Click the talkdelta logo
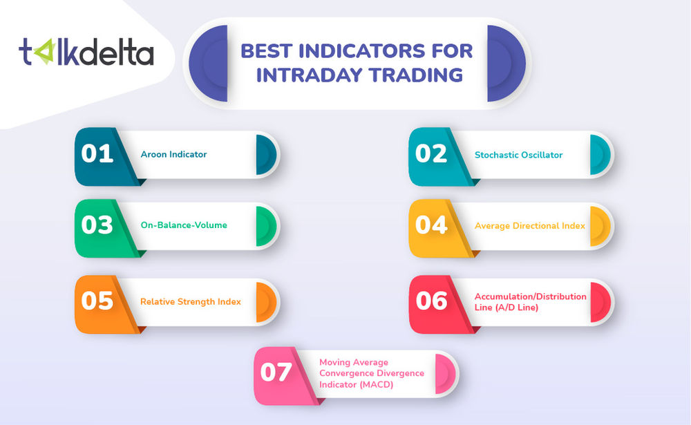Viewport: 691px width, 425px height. (x=86, y=53)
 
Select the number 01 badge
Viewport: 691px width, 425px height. (x=97, y=153)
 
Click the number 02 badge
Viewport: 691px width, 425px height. (x=431, y=153)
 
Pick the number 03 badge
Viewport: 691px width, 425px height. (x=97, y=225)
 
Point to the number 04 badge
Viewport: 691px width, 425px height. (x=431, y=225)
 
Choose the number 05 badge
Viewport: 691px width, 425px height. (x=97, y=301)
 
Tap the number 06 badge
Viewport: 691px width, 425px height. (x=431, y=301)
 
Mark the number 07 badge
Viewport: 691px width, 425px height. (x=276, y=372)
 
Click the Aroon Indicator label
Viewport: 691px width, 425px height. (x=173, y=154)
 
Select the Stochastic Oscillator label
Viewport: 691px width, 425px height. (x=518, y=155)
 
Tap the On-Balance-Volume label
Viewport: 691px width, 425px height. (x=183, y=225)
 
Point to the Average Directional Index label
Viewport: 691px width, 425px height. (x=530, y=225)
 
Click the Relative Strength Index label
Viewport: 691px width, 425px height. (x=191, y=301)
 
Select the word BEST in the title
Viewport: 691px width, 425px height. (x=272, y=51)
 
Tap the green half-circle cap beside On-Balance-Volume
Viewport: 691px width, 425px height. (x=265, y=225)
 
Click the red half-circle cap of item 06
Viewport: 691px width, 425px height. (x=599, y=301)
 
